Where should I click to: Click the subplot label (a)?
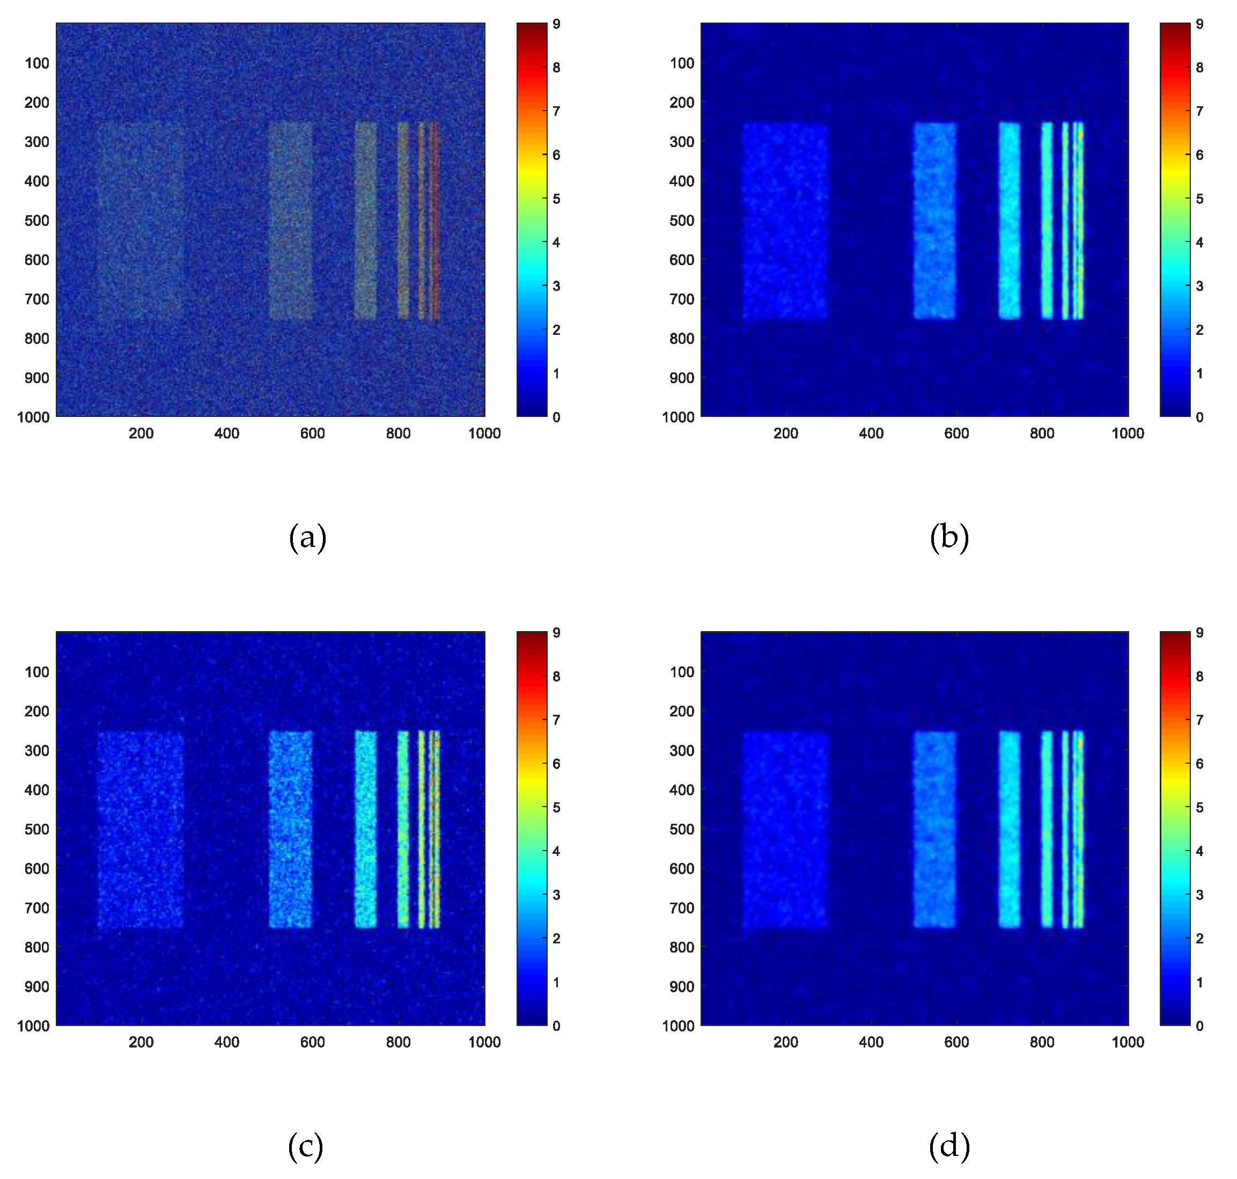[x=307, y=537]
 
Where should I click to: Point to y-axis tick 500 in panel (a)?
[x=36, y=221]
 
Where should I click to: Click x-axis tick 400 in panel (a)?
[x=227, y=434]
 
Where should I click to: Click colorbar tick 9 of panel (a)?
[x=556, y=25]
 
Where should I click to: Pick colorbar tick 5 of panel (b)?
[x=1199, y=199]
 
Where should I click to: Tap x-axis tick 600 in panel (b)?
[x=956, y=434]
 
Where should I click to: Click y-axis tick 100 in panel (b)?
[x=682, y=63]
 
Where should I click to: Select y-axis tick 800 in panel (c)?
[x=36, y=947]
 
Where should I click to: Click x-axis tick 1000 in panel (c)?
[x=484, y=1043]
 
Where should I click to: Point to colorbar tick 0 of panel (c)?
[x=556, y=1026]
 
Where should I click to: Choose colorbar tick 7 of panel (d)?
[x=1199, y=720]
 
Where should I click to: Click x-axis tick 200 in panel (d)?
[x=785, y=1043]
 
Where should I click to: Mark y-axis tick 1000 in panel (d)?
[x=678, y=1026]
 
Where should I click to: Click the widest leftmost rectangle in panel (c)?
[x=141, y=830]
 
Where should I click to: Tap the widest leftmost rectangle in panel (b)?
[x=785, y=221]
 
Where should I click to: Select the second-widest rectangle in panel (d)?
[x=934, y=830]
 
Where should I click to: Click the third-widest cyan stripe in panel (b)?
[x=1010, y=221]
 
